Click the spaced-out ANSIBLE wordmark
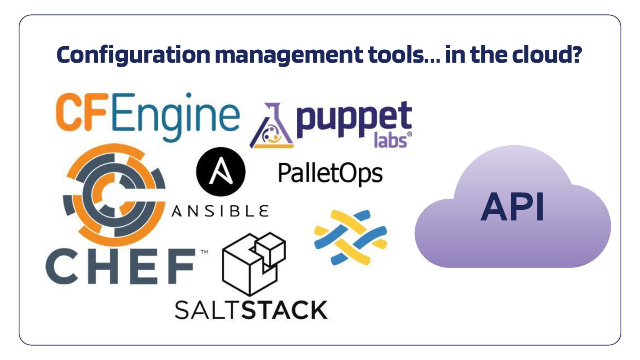220,211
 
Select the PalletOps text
330,173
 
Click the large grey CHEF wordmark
120,267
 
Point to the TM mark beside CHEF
204,252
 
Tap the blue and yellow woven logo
350,238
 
